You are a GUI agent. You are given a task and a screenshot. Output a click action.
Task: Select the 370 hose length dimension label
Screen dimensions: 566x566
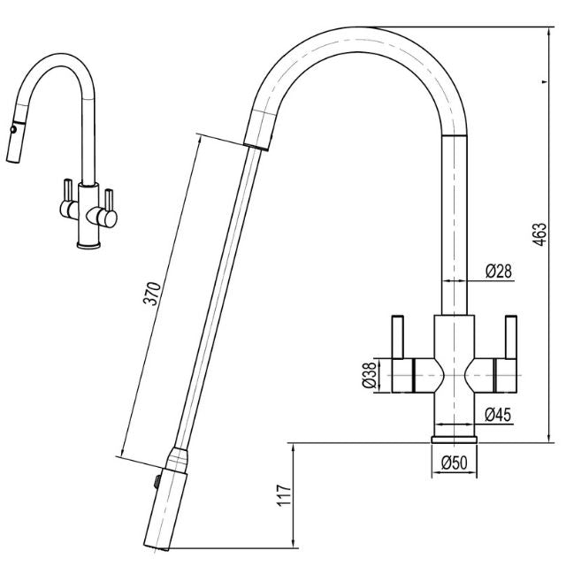[x=151, y=294]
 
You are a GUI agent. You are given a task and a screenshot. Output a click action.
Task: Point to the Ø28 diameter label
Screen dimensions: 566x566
[x=499, y=271]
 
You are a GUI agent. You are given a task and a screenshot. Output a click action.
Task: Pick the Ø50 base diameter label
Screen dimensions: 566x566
[x=455, y=462]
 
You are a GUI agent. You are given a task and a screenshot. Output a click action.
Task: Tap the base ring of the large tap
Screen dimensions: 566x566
[x=455, y=439]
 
